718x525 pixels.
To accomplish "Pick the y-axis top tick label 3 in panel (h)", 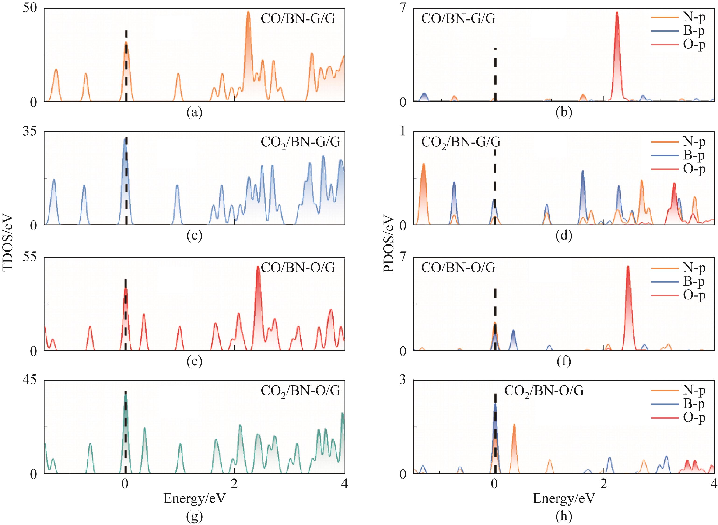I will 403,380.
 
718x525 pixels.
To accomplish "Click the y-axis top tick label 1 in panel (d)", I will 403,131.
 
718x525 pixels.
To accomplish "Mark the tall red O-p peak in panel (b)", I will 617,13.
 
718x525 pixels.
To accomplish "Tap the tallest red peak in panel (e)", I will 258,267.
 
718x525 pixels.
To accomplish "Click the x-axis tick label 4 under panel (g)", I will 344,484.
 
